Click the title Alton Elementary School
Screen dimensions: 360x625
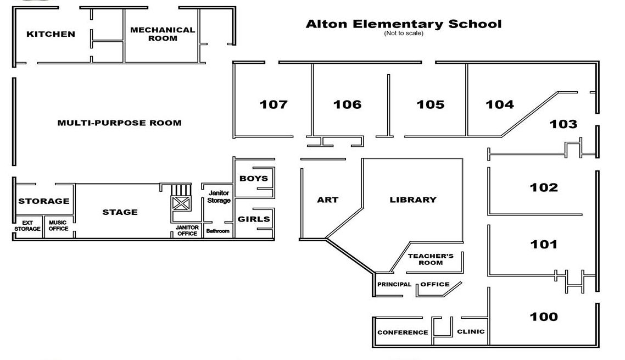pos(403,24)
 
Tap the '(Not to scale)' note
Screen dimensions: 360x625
pos(403,34)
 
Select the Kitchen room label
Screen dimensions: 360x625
pos(51,34)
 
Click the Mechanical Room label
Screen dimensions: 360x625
pos(163,34)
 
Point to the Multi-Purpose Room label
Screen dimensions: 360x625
pos(119,123)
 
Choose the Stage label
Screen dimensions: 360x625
pos(120,212)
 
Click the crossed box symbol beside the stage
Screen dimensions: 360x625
pos(181,203)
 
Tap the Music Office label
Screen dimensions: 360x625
pos(58,225)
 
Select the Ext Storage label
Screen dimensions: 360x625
pos(27,225)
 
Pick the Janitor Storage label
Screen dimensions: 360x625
pos(219,197)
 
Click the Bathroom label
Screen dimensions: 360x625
pos(217,231)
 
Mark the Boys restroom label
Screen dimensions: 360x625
pos(254,179)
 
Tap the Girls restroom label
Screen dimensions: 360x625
pos(254,219)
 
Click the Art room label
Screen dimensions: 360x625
pos(328,200)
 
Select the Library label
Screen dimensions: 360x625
pos(413,200)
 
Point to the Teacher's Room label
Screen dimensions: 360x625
pos(431,259)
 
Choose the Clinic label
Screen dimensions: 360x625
pos(471,331)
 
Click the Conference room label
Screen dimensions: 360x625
pos(403,333)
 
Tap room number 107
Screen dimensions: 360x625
pos(274,104)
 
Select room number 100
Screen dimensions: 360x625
pos(544,317)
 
